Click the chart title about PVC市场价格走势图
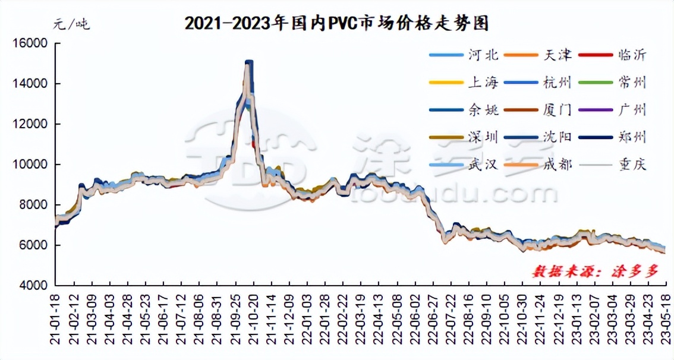tap(336, 23)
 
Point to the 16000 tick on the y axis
tap(30, 43)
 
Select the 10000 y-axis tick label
tap(30, 164)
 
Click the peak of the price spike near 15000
tap(248, 62)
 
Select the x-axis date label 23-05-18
tap(665, 321)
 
